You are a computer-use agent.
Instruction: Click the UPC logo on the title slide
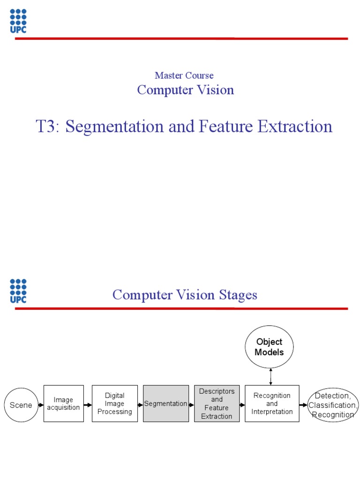click(x=18, y=21)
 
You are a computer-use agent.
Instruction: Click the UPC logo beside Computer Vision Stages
click(x=18, y=291)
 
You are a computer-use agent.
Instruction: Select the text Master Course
click(x=184, y=75)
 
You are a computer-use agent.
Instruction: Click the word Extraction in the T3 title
click(x=298, y=127)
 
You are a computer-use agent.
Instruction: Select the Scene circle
click(x=21, y=405)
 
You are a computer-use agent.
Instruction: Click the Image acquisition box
click(x=63, y=404)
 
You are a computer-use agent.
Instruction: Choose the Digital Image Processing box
click(x=115, y=404)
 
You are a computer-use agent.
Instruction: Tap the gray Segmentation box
click(x=165, y=404)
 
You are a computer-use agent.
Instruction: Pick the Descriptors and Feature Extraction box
click(x=217, y=404)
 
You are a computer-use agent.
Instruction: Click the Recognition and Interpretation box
click(x=272, y=404)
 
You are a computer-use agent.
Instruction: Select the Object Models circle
click(x=270, y=347)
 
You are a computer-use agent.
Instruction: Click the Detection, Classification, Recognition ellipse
click(x=333, y=405)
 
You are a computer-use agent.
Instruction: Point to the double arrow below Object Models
click(x=270, y=377)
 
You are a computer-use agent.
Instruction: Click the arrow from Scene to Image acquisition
click(x=39, y=405)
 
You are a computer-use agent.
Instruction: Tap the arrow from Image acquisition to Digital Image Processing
click(x=88, y=405)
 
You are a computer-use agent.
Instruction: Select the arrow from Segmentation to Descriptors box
click(x=191, y=405)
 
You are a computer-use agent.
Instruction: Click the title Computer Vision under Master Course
click(x=185, y=90)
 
